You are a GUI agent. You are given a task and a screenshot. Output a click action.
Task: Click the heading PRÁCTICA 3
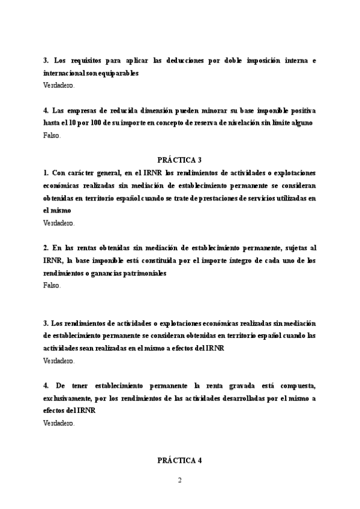tap(179, 160)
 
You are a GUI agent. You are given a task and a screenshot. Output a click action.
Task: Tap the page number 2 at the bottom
tap(179, 480)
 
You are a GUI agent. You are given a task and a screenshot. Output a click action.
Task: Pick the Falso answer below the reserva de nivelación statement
tap(52, 135)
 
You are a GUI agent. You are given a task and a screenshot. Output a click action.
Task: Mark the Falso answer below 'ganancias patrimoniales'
tap(52, 285)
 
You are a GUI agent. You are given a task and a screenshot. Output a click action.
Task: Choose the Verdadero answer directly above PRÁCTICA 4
tap(59, 423)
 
